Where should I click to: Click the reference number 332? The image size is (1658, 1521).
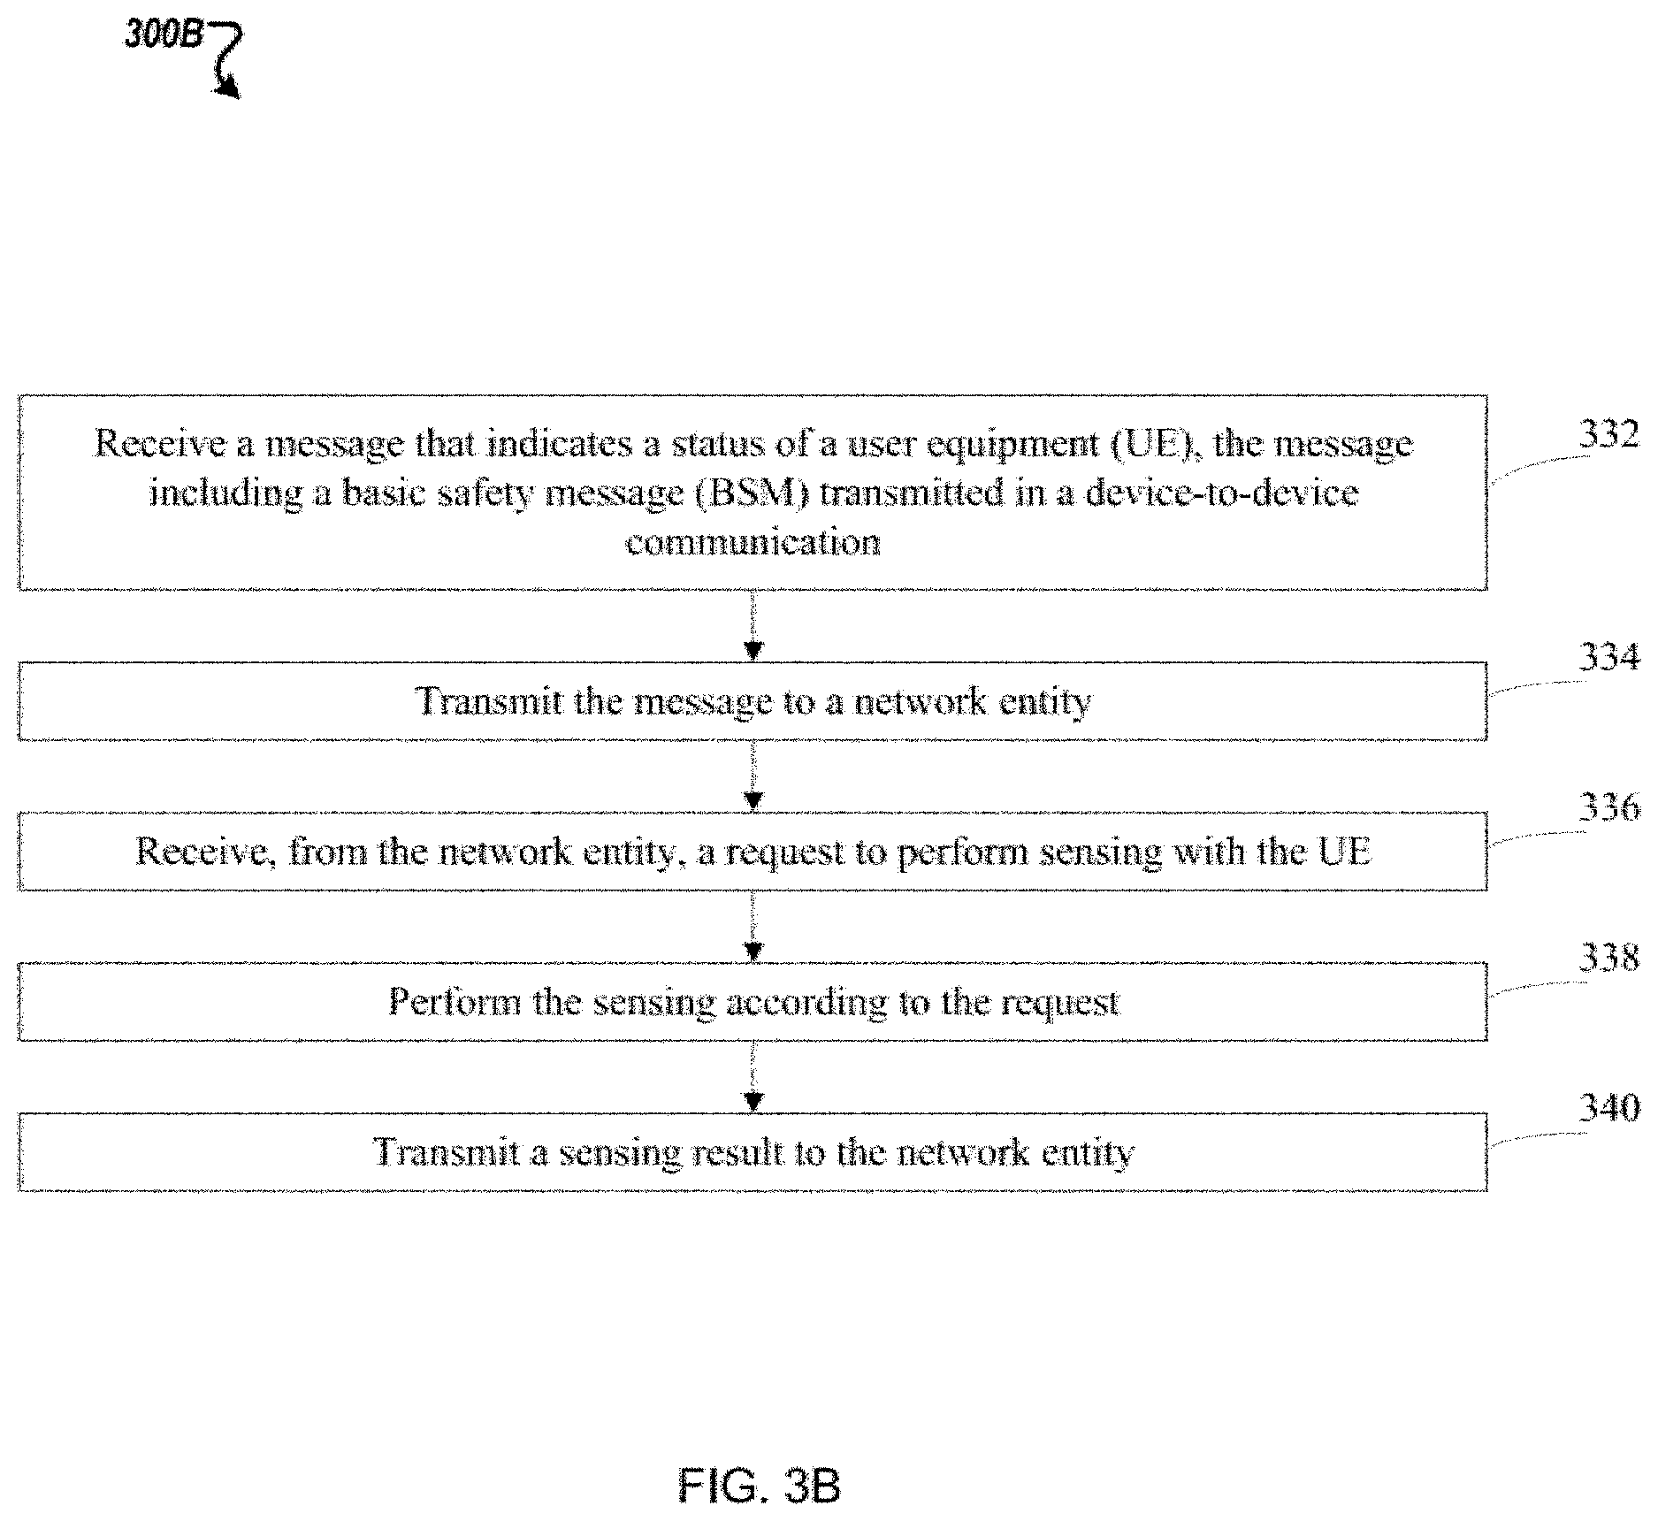point(1608,436)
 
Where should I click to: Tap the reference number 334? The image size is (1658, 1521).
point(1608,657)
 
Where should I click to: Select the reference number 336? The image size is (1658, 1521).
point(1608,807)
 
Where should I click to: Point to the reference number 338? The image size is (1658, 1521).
point(1608,958)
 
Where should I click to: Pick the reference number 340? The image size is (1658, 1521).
point(1608,1108)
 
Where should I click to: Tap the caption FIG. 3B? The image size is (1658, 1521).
point(759,1485)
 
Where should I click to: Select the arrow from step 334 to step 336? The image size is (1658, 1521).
point(753,776)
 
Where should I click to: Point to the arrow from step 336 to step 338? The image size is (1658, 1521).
point(753,926)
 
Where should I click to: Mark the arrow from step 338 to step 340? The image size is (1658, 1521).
point(753,1076)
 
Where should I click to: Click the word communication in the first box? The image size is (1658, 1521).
point(753,542)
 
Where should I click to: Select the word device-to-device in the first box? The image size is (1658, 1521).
point(1222,492)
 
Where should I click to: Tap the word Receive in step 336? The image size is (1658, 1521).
point(205,852)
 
